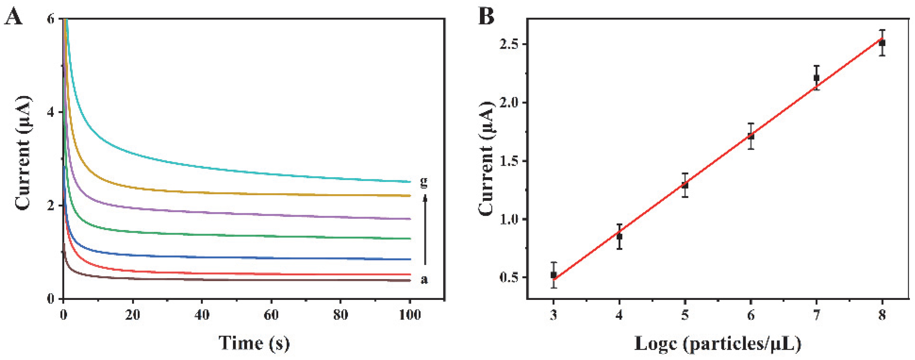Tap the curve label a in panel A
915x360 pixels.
click(424, 280)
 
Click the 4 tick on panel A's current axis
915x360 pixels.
click(51, 112)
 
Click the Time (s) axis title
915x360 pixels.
click(254, 343)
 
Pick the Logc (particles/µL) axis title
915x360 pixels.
click(718, 344)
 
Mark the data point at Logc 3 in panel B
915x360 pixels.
click(554, 275)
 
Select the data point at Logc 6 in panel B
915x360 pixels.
click(751, 136)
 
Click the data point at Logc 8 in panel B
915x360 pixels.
click(882, 43)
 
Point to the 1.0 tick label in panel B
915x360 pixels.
click(509, 219)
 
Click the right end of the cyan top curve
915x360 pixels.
click(409, 182)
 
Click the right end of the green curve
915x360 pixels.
click(409, 239)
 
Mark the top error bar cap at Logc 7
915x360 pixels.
click(816, 66)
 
